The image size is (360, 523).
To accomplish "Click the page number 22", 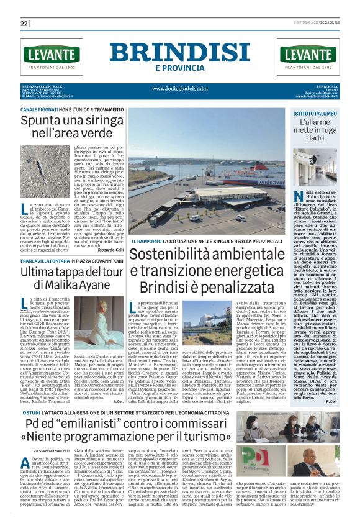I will pyautogui.click(x=24, y=24).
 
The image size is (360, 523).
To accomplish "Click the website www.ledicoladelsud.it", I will pyautogui.click(x=179, y=89).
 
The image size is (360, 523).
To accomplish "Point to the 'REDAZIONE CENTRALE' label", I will pyautogui.click(x=40, y=86).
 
